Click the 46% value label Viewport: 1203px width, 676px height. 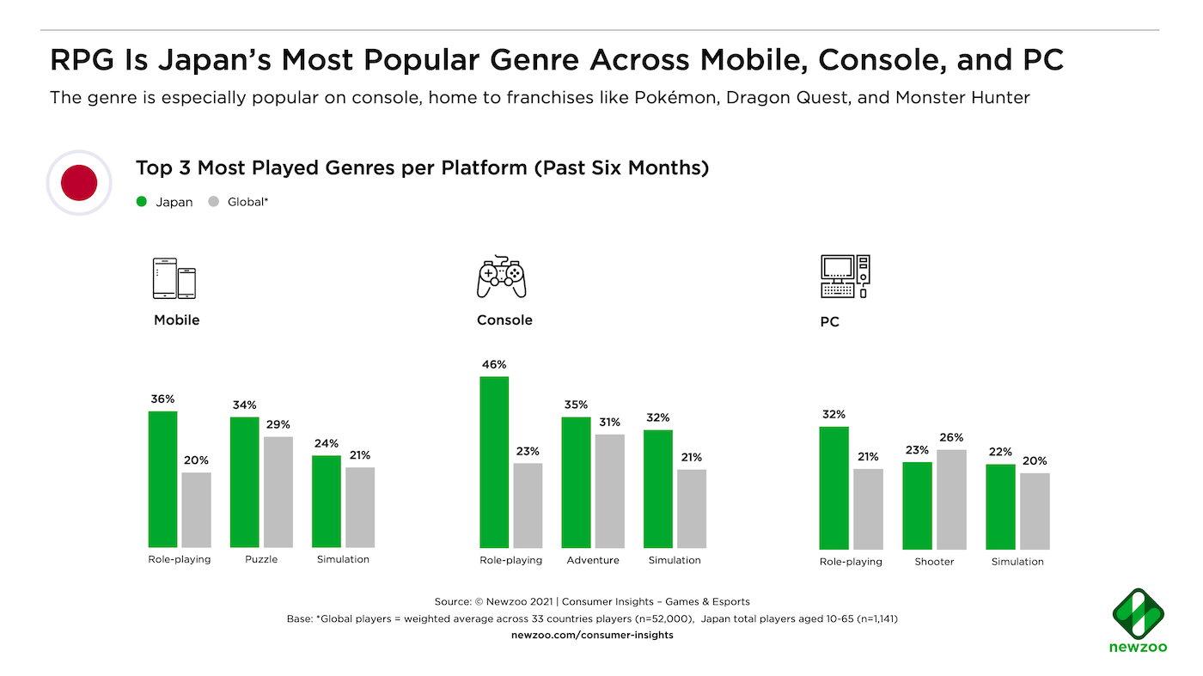(493, 364)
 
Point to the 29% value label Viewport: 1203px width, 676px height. (278, 424)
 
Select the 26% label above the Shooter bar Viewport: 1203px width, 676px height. (951, 437)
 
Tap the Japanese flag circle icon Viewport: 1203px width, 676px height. (79, 182)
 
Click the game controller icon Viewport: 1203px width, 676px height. (502, 277)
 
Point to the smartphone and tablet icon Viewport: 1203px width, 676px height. (174, 278)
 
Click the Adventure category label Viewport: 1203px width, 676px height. (593, 560)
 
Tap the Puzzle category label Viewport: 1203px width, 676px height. (261, 559)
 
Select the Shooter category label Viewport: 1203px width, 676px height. (934, 562)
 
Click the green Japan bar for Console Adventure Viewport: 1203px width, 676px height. (577, 482)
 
